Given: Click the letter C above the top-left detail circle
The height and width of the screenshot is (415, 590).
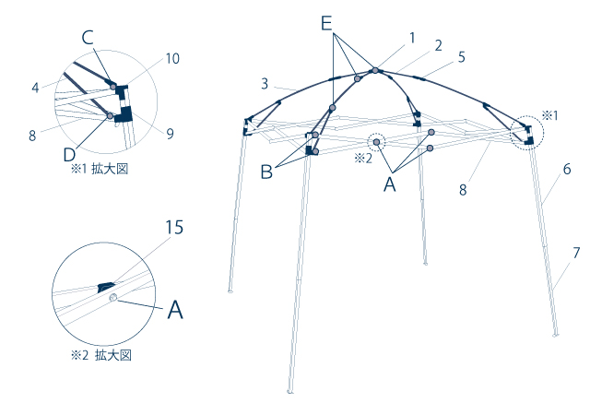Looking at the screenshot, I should tap(87, 37).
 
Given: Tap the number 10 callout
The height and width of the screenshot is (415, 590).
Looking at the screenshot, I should tap(172, 58).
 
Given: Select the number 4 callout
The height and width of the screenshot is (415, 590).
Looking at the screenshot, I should tap(34, 89).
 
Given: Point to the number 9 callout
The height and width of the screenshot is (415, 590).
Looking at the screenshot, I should tap(170, 133).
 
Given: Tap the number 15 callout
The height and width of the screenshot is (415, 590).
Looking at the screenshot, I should tap(174, 227).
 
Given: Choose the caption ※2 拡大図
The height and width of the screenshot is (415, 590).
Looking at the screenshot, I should tap(101, 355).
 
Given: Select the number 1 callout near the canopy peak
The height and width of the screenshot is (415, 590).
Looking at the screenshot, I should tap(412, 38).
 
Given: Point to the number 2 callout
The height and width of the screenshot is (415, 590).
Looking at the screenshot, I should tap(438, 45).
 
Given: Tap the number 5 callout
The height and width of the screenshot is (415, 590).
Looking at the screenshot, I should tap(461, 56).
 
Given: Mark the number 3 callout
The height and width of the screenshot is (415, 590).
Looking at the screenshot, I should tap(265, 84).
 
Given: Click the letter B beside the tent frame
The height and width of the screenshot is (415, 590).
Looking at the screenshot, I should tap(266, 171).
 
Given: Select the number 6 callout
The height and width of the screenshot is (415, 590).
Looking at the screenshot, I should tap(568, 170).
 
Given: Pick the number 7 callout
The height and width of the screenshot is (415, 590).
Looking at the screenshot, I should tap(576, 252).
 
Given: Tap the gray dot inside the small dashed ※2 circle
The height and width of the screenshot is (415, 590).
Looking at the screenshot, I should tap(377, 143).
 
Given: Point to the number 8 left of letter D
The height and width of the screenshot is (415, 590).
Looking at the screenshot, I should tap(31, 135).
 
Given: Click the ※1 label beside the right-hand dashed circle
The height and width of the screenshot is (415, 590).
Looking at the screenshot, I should tap(549, 115).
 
